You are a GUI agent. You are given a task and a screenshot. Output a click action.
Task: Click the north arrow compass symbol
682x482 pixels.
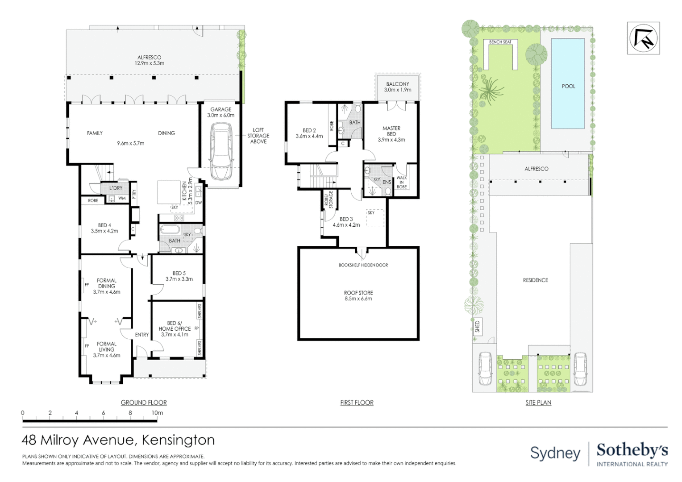(x=643, y=38)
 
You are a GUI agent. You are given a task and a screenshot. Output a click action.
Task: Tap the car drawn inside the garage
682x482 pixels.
(x=221, y=152)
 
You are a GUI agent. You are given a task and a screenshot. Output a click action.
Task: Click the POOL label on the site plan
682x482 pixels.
(x=568, y=86)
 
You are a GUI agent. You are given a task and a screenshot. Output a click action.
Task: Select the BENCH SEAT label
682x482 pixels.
(x=500, y=42)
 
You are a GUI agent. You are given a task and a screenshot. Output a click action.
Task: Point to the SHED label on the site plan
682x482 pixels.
(x=477, y=326)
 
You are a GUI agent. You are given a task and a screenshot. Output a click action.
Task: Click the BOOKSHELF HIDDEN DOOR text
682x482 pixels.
(x=363, y=265)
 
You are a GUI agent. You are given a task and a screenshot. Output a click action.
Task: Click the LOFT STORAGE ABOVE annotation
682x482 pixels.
(x=258, y=136)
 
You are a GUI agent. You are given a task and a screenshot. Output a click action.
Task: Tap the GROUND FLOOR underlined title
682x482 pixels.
(x=144, y=403)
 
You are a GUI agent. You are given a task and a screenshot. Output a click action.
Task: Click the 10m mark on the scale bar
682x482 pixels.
(x=157, y=413)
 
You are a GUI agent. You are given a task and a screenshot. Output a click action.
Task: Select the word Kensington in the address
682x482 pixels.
(x=178, y=440)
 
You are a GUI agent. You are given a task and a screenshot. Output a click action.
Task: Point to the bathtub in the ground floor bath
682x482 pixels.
(x=170, y=230)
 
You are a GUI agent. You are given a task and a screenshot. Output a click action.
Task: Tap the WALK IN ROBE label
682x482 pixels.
(x=401, y=182)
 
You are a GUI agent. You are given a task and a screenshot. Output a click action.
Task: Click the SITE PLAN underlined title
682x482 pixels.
(x=538, y=403)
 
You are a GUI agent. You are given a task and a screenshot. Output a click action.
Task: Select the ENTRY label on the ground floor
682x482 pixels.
(x=142, y=335)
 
